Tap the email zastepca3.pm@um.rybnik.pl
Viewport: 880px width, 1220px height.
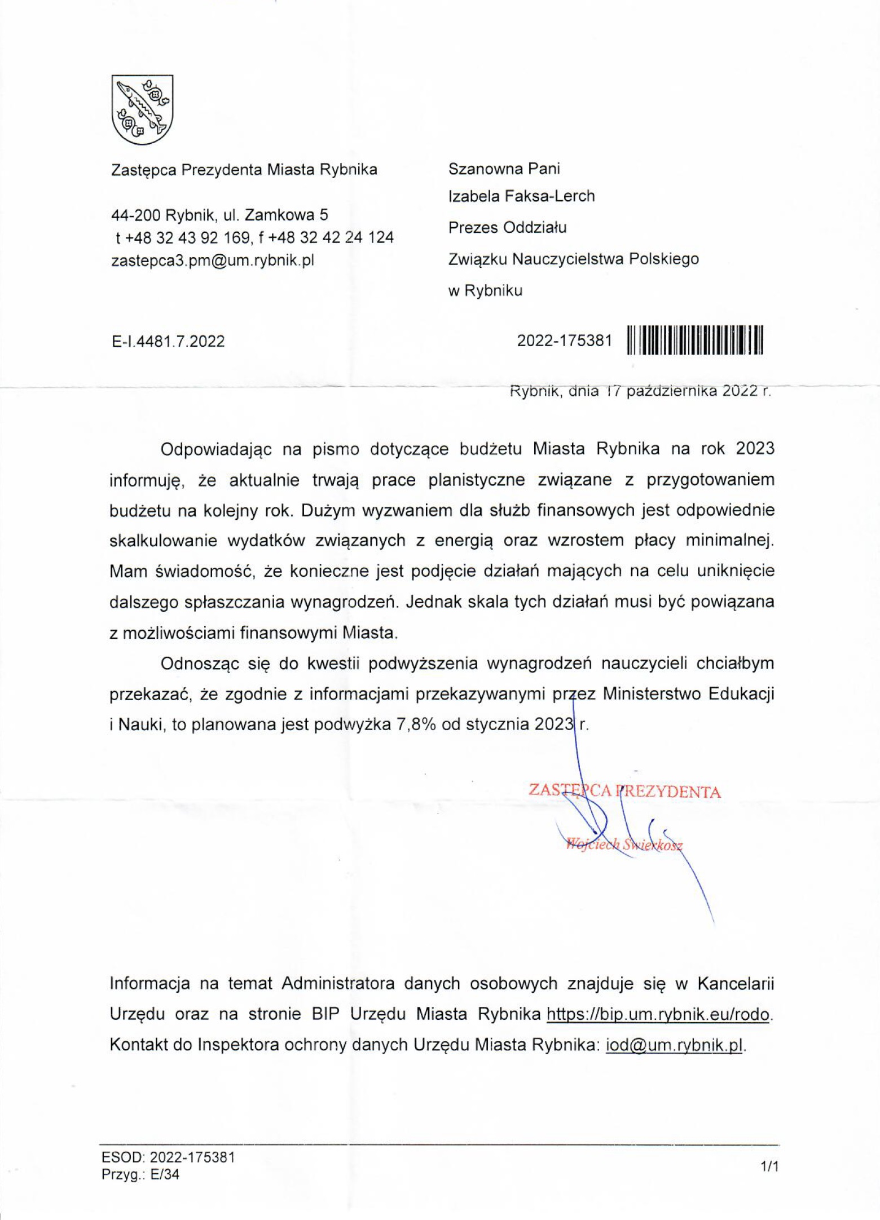point(213,260)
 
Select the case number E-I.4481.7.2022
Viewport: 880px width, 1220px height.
point(168,341)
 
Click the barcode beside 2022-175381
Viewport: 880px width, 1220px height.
point(695,341)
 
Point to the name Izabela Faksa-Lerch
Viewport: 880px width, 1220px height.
point(521,196)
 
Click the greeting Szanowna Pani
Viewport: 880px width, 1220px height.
point(504,169)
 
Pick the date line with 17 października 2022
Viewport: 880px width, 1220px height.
point(640,391)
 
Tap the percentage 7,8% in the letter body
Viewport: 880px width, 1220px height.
point(416,724)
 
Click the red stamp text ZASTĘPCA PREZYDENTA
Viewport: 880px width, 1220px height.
point(624,792)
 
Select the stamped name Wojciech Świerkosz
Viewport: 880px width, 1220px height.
point(624,845)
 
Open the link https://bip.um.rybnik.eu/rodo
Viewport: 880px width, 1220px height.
point(658,1014)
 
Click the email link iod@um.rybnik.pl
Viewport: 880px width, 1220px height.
point(675,1045)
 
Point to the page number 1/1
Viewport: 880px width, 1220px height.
point(769,1166)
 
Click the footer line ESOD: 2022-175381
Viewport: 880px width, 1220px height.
point(168,1157)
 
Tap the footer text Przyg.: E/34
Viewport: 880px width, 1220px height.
point(140,1175)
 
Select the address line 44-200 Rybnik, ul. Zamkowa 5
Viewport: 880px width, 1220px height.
point(220,215)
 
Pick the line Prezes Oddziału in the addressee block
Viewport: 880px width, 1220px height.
point(507,228)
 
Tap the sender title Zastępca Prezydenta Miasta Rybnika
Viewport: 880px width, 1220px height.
point(244,170)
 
